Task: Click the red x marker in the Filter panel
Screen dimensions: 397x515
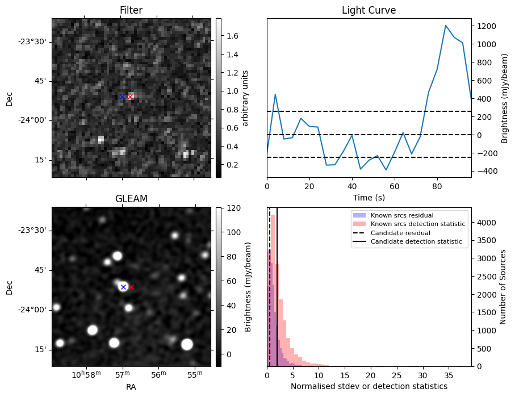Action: [130, 97]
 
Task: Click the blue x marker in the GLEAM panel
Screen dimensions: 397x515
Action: [123, 287]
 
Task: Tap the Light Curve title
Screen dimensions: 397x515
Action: [369, 10]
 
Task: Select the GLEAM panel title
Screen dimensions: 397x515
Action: [131, 199]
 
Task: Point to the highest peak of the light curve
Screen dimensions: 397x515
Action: [446, 26]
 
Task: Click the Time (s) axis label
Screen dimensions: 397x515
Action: [369, 197]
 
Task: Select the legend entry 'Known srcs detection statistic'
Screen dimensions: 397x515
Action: [417, 224]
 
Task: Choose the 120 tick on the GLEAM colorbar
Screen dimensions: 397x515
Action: [233, 208]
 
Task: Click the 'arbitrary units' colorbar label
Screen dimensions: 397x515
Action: [245, 98]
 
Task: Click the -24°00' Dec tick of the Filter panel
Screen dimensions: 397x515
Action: [34, 120]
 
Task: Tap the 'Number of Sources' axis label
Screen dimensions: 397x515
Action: [503, 287]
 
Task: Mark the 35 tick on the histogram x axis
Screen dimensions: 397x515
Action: [449, 375]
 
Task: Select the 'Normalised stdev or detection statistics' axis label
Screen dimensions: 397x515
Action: [369, 386]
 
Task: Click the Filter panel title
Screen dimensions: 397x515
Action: [131, 10]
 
